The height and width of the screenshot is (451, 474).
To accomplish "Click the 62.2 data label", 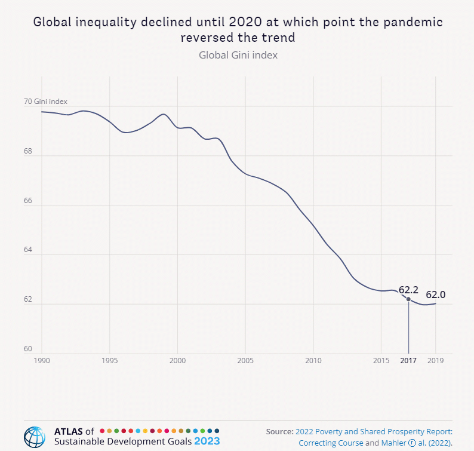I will [x=408, y=290].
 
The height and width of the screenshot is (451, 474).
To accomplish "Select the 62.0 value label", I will [x=435, y=294].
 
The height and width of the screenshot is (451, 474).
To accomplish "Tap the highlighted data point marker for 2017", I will [x=408, y=299].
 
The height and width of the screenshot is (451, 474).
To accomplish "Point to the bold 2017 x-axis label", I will [x=408, y=361].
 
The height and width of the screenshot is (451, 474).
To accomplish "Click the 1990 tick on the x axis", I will [x=42, y=361].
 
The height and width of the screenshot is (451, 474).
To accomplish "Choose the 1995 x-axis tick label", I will [x=109, y=361].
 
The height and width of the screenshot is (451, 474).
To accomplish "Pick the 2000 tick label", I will [x=177, y=361].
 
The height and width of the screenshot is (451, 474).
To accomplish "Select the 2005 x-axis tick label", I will [x=245, y=361].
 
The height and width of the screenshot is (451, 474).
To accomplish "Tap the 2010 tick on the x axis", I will [x=313, y=361].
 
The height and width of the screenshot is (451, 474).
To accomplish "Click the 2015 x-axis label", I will [x=381, y=361].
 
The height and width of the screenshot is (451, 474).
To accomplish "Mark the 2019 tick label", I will [x=435, y=361].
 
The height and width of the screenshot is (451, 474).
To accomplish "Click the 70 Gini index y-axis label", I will [x=45, y=102].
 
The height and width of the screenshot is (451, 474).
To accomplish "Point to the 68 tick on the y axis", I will [x=28, y=151].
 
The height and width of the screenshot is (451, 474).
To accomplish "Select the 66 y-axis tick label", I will [x=28, y=201].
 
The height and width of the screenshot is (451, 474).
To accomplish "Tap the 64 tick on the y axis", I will [x=28, y=250].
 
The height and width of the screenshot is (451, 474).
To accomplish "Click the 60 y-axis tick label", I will [x=28, y=349].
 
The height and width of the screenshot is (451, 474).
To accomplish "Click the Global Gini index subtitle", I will [x=238, y=55].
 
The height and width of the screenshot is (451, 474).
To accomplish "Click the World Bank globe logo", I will [x=34, y=437].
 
